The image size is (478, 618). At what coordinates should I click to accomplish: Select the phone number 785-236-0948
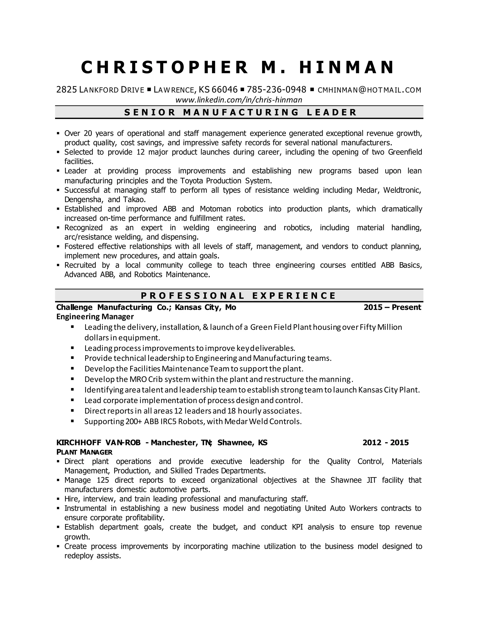tap(276, 90)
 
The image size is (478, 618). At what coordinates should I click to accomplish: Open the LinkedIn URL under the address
tap(239, 100)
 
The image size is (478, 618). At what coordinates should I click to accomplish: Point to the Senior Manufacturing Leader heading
tap(239, 112)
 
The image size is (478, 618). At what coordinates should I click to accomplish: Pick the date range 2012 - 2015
tap(386, 443)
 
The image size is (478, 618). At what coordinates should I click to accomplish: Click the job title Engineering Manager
tap(95, 316)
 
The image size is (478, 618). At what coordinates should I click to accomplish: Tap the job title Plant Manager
tap(84, 452)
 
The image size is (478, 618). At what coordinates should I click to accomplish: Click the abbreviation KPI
tap(297, 527)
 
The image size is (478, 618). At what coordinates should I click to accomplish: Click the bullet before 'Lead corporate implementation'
tap(73, 400)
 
